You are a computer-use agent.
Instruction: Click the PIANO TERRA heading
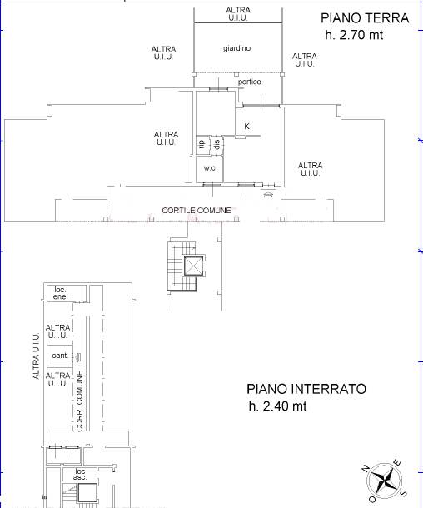click(365, 18)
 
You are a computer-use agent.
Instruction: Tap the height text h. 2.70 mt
click(354, 35)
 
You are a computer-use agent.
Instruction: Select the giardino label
click(236, 48)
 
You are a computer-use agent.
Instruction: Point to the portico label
click(250, 82)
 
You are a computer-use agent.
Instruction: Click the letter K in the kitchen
click(246, 126)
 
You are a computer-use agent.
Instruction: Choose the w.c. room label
click(210, 168)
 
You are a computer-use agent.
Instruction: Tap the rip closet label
click(202, 143)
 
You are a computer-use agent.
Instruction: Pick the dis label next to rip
click(217, 144)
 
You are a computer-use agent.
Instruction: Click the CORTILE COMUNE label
click(197, 211)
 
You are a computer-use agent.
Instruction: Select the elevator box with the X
click(194, 266)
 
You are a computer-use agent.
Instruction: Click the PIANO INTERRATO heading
click(306, 389)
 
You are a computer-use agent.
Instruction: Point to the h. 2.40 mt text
click(277, 406)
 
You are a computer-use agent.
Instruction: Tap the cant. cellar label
click(60, 356)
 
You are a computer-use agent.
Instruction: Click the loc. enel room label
click(61, 293)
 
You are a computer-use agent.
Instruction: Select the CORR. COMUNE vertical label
click(80, 401)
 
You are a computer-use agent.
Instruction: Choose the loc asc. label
click(80, 475)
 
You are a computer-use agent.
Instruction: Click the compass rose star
click(385, 481)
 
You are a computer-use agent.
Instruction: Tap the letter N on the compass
click(365, 469)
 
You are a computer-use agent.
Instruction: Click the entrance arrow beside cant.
click(78, 357)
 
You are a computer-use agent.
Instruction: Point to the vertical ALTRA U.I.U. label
click(37, 356)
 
